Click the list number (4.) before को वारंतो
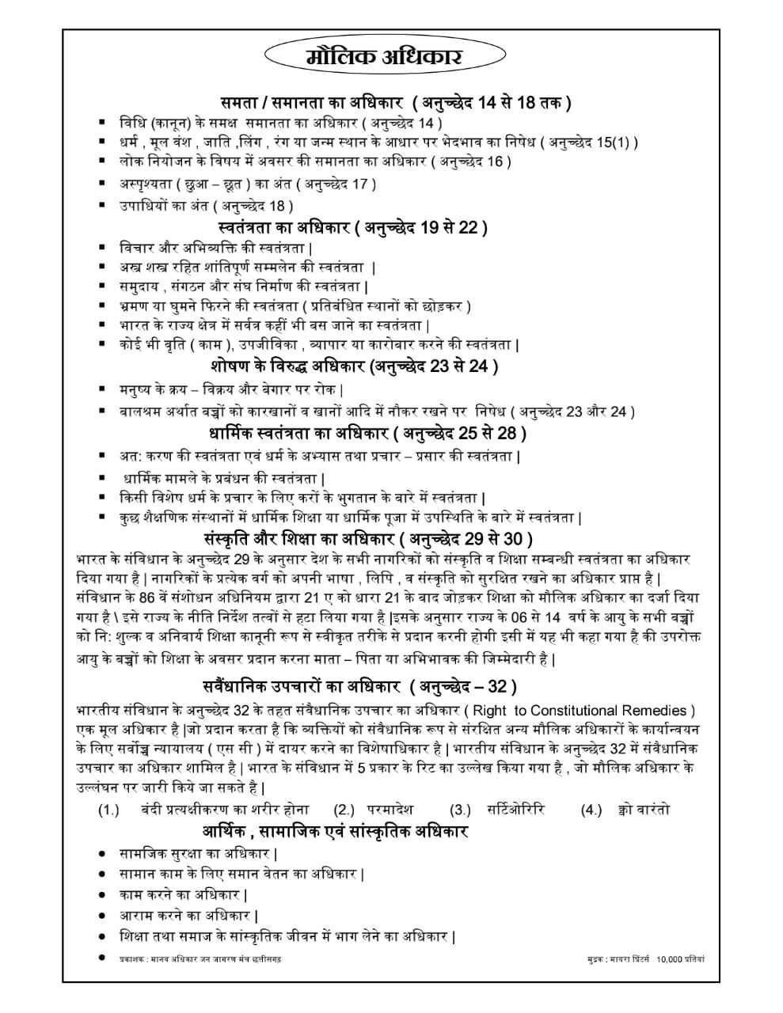[x=591, y=810]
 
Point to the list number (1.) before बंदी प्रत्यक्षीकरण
[x=108, y=810]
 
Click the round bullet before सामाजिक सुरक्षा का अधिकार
[x=101, y=855]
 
